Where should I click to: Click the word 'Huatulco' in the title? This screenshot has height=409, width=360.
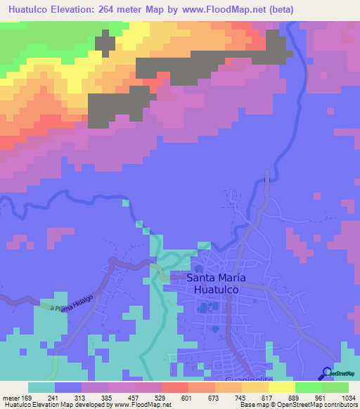click(27, 9)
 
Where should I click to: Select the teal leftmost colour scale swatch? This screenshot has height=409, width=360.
click(41, 387)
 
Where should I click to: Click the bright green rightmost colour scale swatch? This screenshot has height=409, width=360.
click(335, 387)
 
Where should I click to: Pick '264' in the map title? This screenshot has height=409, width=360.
click(127, 9)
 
